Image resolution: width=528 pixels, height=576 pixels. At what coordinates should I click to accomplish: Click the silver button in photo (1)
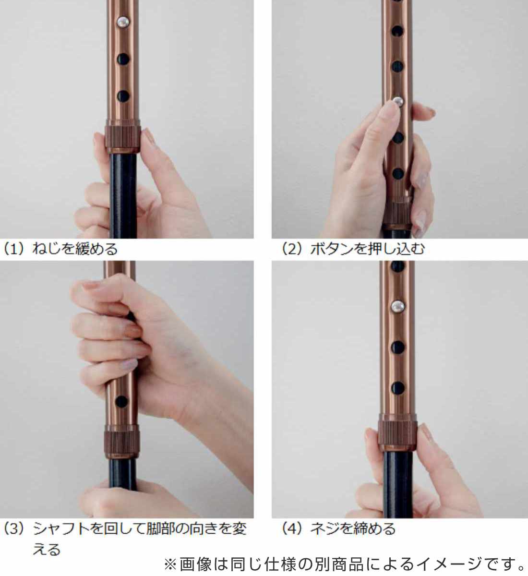(123, 22)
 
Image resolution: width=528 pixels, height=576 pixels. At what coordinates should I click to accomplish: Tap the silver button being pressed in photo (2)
(398, 101)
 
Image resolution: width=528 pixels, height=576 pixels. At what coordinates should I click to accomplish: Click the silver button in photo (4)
(397, 306)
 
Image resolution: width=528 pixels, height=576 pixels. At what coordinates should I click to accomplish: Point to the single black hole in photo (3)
(121, 401)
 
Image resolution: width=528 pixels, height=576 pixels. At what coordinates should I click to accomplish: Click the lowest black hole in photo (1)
(123, 96)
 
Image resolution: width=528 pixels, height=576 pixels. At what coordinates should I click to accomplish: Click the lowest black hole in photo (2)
(398, 173)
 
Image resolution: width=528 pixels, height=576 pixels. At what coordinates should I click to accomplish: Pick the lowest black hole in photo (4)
(397, 388)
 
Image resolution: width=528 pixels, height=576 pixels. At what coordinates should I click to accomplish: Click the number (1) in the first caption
(14, 249)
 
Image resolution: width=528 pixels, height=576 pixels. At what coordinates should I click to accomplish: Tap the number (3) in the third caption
(14, 529)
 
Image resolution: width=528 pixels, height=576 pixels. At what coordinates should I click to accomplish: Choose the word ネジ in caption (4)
(325, 529)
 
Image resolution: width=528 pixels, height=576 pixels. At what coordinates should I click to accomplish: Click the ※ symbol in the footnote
(170, 564)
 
